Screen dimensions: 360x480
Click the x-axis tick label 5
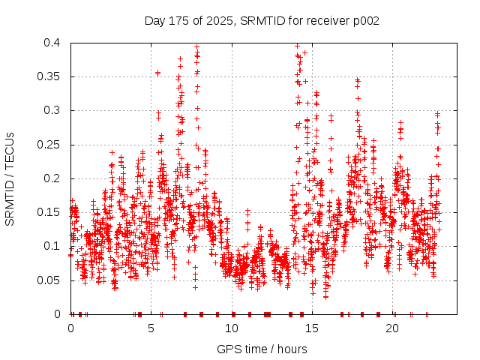151,328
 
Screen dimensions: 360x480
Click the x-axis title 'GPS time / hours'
262,349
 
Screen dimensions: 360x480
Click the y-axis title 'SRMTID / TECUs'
10,178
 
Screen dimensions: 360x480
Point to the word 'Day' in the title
154,20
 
